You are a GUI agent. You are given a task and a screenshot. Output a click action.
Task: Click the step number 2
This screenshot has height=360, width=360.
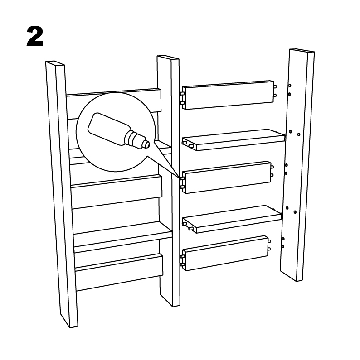pos(35,36)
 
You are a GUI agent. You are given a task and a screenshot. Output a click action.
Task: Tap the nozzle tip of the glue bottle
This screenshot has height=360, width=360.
pos(146,144)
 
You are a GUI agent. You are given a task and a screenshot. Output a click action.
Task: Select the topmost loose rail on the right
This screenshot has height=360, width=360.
pos(228,95)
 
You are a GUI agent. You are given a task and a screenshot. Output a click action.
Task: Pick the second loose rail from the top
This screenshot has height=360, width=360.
pos(234,140)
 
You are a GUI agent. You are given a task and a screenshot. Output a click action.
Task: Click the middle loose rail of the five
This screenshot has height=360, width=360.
pos(227,177)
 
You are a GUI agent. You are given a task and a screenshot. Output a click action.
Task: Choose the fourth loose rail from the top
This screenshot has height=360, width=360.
pos(232,219)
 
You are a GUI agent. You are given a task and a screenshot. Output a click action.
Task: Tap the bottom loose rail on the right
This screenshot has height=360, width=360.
pos(225,253)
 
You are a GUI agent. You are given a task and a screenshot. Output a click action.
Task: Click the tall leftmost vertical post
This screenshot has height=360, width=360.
pos(62,194)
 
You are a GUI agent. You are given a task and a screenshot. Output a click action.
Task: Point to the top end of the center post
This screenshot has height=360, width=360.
pos(168,58)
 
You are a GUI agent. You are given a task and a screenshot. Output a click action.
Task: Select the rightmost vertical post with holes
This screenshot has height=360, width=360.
pos(297,165)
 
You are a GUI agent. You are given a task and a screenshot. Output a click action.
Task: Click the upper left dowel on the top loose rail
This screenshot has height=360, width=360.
pos(182,94)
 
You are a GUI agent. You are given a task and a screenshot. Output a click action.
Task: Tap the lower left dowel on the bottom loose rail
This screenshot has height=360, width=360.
pos(182,264)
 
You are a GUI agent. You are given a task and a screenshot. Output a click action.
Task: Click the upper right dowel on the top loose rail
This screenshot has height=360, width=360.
pos(275,86)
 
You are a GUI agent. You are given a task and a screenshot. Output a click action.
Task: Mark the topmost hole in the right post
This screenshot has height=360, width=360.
pos(290,86)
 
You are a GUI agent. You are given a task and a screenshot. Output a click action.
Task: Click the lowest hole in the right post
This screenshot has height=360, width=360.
pos(283,246)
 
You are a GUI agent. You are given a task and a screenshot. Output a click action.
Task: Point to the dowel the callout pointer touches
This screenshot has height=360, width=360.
pos(182,178)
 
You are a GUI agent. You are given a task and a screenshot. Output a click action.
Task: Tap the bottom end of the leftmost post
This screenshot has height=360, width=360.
pos(69,322)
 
